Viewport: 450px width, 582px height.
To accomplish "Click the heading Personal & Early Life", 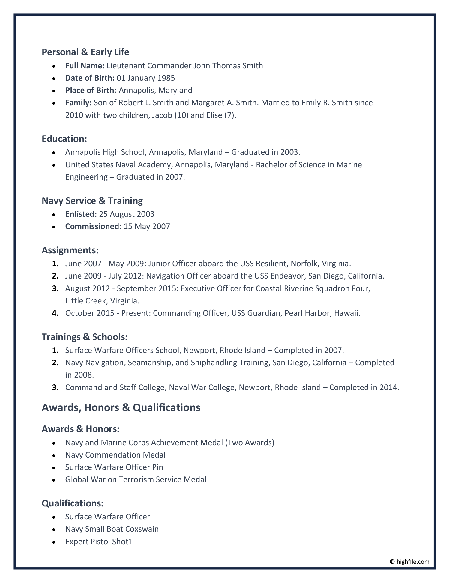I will [85, 52].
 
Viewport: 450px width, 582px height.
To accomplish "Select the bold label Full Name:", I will [85, 66].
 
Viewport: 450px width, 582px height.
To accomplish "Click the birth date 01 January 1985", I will [146, 78].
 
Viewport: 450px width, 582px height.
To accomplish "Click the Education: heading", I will [64, 139].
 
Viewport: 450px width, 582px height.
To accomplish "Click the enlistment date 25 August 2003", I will [127, 214].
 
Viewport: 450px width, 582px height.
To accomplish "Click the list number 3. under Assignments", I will [55, 288].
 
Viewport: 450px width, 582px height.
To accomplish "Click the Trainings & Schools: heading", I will [85, 337].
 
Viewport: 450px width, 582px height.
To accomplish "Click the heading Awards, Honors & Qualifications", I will [121, 407].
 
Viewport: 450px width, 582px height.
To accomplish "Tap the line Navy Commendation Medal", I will [115, 455].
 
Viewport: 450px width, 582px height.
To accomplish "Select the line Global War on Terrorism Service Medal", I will [136, 479].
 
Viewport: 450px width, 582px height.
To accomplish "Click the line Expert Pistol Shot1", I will [99, 542].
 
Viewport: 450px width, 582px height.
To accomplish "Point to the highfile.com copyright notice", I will [409, 562].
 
